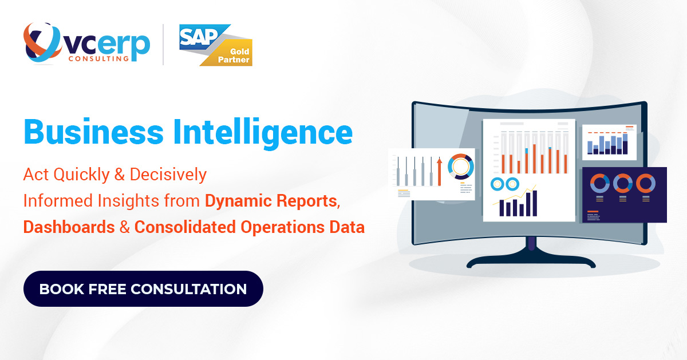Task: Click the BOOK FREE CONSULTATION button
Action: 143,289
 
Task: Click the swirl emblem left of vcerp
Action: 41,43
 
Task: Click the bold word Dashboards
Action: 69,227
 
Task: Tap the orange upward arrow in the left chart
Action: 439,171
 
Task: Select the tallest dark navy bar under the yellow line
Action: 535,203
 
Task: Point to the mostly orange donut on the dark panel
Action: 645,184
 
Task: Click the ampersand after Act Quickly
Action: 120,175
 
